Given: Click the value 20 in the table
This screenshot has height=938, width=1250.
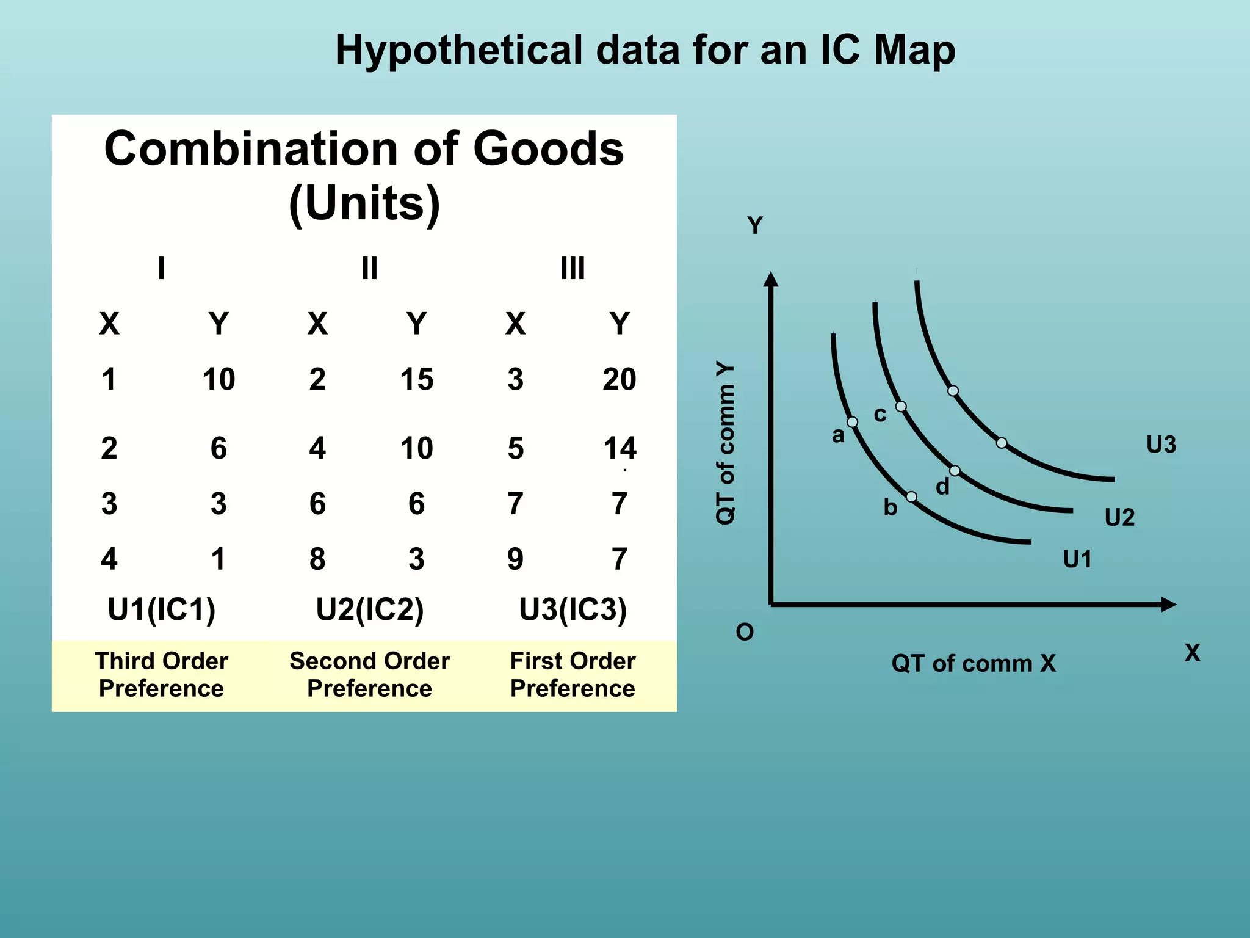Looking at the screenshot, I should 619,379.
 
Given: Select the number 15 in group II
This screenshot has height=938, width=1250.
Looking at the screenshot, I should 416,379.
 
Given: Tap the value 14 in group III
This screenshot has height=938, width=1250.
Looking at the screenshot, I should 620,448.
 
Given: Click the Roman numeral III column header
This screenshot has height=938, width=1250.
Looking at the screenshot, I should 573,269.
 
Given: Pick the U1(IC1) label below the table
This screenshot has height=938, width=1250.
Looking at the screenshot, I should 161,609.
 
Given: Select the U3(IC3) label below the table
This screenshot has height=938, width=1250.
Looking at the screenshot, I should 573,609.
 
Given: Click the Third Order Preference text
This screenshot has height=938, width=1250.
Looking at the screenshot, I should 161,675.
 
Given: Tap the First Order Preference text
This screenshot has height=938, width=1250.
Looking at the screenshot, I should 573,675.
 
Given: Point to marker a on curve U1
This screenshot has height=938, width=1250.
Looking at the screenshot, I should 852,422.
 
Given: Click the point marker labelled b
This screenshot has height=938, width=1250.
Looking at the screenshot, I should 911,496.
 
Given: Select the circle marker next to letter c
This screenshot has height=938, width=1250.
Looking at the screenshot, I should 901,406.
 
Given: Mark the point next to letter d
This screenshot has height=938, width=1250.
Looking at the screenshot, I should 955,471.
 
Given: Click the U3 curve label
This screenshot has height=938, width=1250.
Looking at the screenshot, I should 1161,445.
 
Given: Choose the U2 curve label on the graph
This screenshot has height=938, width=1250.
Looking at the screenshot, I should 1119,518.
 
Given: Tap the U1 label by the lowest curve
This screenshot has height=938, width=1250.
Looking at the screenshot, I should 1077,559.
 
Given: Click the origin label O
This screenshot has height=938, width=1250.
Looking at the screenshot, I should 745,632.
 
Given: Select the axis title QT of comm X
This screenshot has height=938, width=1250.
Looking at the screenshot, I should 974,663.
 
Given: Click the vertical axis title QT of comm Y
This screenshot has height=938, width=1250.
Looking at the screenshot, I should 725,443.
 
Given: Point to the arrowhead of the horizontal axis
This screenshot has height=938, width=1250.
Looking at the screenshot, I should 1169,605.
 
